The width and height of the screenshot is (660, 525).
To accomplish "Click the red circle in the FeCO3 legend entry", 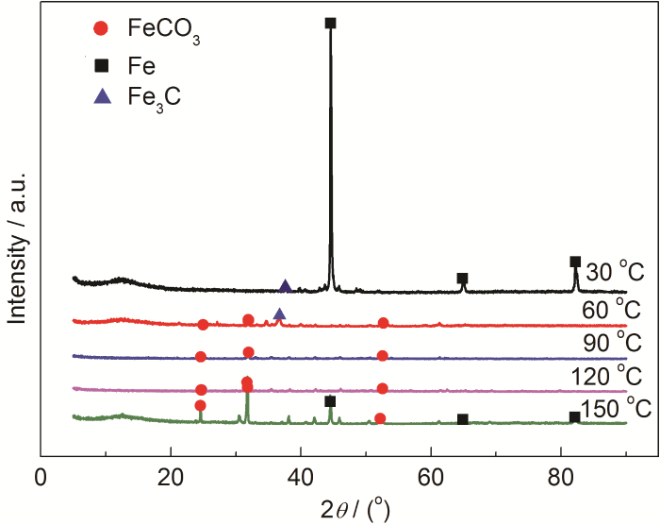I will tap(101, 28).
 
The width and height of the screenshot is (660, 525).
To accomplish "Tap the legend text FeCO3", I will tap(165, 30).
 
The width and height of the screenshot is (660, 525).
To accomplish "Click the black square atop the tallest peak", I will tap(330, 23).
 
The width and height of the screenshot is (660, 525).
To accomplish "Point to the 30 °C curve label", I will tap(615, 272).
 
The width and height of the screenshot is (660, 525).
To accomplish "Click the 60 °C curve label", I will tap(615, 309).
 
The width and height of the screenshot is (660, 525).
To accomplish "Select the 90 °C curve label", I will tap(615, 342).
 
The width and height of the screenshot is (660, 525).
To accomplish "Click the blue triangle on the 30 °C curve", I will tap(285, 285).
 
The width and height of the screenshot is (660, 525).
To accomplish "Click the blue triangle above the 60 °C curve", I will tap(279, 313).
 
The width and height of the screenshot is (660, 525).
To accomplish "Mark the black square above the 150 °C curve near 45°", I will tap(330, 401).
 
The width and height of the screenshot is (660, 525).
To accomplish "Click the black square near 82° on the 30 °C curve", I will tap(575, 262).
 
